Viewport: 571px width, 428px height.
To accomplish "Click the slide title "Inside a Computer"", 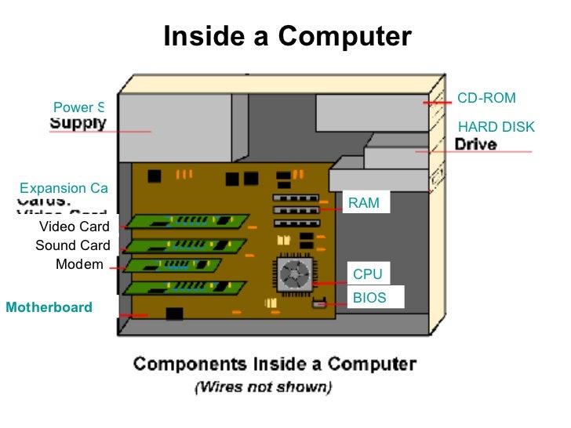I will pos(287,37).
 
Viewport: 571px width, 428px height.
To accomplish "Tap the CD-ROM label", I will pos(486,98).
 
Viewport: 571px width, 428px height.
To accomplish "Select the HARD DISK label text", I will pos(496,127).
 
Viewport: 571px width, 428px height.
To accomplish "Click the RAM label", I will pos(363,203).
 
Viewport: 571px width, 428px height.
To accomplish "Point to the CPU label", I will pos(367,274).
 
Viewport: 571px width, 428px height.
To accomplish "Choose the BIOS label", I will pos(369,298).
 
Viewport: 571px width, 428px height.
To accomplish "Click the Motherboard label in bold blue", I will pos(49,307).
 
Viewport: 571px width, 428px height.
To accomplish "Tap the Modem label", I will pos(79,264).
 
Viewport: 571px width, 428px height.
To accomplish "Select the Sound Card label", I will pos(73,245).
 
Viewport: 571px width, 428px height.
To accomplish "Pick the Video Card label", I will pos(75,227).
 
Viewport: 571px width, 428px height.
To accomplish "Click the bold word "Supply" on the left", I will pos(78,123).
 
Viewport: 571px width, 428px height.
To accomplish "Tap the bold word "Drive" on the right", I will pos(476,144).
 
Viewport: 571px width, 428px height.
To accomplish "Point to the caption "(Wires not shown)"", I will pos(263,386).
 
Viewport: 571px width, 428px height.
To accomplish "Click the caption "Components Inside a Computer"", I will pos(274,364).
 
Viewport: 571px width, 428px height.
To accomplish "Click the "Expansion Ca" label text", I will pos(64,188).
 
